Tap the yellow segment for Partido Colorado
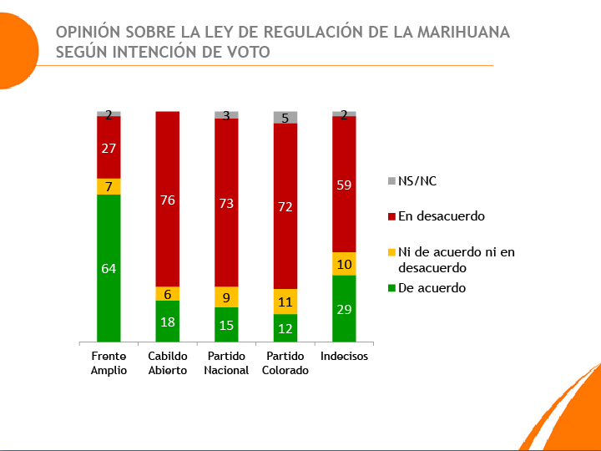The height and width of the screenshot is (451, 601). (x=285, y=302)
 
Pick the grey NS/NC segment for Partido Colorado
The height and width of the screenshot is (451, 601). (x=285, y=118)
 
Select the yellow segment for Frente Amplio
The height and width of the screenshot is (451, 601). (x=109, y=186)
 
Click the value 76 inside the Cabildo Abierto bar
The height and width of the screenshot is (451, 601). (x=168, y=200)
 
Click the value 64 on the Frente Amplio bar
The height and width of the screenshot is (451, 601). (x=109, y=268)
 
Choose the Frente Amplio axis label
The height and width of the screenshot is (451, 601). (x=109, y=363)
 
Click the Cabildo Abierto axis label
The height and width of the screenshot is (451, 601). (x=168, y=363)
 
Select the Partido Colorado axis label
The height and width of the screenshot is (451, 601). (x=285, y=363)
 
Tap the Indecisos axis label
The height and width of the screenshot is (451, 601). (x=344, y=357)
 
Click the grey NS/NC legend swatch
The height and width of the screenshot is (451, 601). (x=391, y=180)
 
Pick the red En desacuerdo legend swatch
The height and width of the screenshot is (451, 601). (x=391, y=216)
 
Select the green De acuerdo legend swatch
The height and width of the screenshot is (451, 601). (x=391, y=288)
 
